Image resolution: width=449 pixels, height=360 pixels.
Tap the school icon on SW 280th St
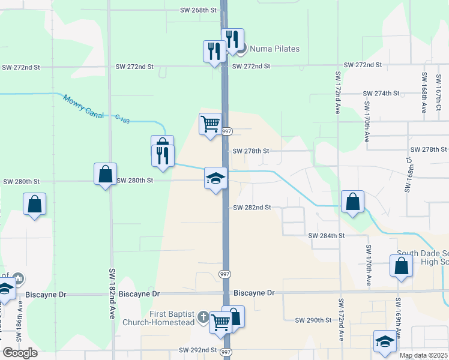[x=215, y=178]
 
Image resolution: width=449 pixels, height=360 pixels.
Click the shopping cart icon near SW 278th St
[x=210, y=124]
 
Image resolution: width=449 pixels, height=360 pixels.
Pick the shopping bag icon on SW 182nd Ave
[x=105, y=174]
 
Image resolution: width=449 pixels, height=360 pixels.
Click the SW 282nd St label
[x=252, y=207]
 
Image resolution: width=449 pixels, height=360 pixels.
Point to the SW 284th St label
[x=327, y=236]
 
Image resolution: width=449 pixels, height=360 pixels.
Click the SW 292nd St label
[x=197, y=350]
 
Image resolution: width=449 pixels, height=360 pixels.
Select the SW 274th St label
[x=381, y=94]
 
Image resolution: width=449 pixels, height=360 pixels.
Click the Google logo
[x=20, y=353]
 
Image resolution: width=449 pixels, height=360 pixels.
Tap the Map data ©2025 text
[x=423, y=355]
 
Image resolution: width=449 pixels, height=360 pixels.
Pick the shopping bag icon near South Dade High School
[x=401, y=266]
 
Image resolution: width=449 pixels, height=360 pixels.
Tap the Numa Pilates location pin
[x=242, y=49]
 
